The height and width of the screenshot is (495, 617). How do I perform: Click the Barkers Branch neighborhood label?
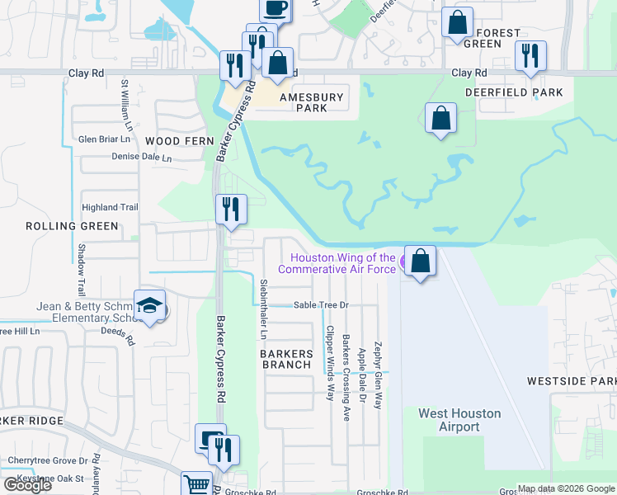point(286,359)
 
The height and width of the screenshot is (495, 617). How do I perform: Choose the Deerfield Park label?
point(513,92)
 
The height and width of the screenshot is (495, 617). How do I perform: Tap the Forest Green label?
point(499,38)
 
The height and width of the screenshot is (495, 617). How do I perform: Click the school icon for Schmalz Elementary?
point(149,306)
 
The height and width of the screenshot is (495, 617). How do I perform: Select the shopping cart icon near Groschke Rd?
point(197,484)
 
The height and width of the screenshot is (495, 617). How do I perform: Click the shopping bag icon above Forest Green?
point(457,23)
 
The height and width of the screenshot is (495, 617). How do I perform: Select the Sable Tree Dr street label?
point(323,305)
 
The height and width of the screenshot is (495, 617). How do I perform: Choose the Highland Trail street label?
point(109,207)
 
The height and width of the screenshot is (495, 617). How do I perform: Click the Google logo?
point(27,485)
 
